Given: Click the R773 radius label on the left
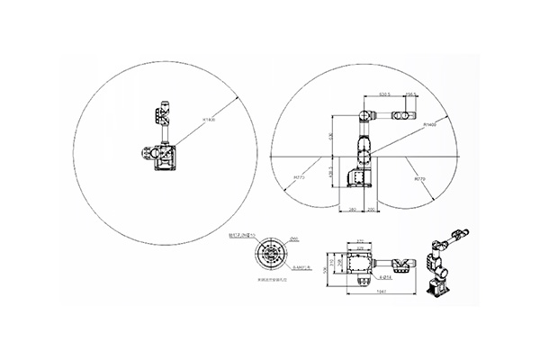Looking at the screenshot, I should pos(298,179).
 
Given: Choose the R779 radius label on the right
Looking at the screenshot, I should pos(418,180).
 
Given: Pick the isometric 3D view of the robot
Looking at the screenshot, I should pos(444,265).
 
